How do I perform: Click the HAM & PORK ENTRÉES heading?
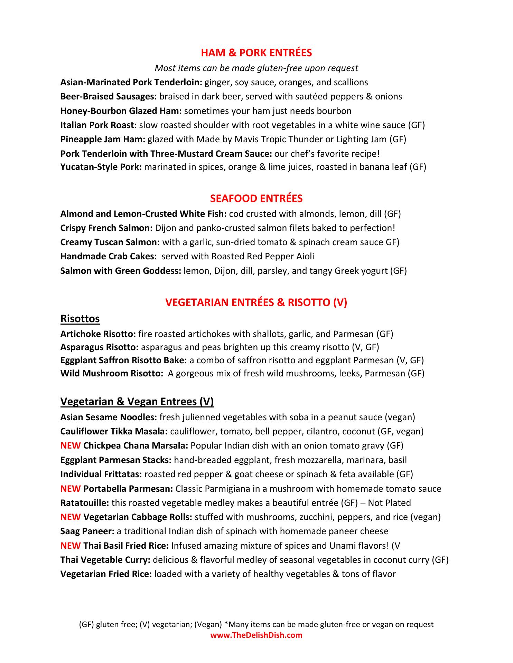coord(256,53)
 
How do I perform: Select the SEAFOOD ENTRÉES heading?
coord(256,199)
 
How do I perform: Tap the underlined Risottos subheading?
coord(80,319)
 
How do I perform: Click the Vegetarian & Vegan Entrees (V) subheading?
coord(137,402)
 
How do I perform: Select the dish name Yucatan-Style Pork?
coord(101,167)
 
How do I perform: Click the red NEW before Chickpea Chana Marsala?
coord(71,446)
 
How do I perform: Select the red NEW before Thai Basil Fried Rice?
coord(71,546)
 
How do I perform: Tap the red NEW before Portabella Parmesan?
coord(71,489)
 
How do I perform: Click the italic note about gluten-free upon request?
coord(256,68)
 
